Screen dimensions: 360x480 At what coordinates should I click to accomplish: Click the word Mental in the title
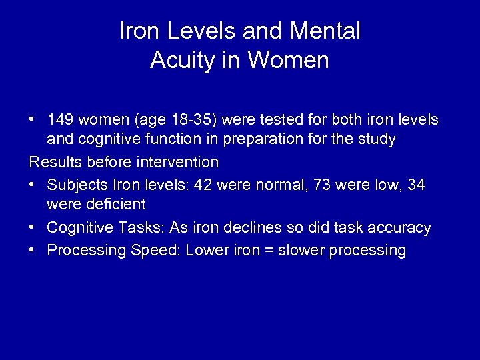click(x=325, y=31)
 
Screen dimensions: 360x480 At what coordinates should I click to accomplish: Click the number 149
click(x=61, y=119)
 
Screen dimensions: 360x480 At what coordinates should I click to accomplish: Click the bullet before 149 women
click(x=32, y=120)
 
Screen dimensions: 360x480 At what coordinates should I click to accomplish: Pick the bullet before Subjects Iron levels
click(x=32, y=184)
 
